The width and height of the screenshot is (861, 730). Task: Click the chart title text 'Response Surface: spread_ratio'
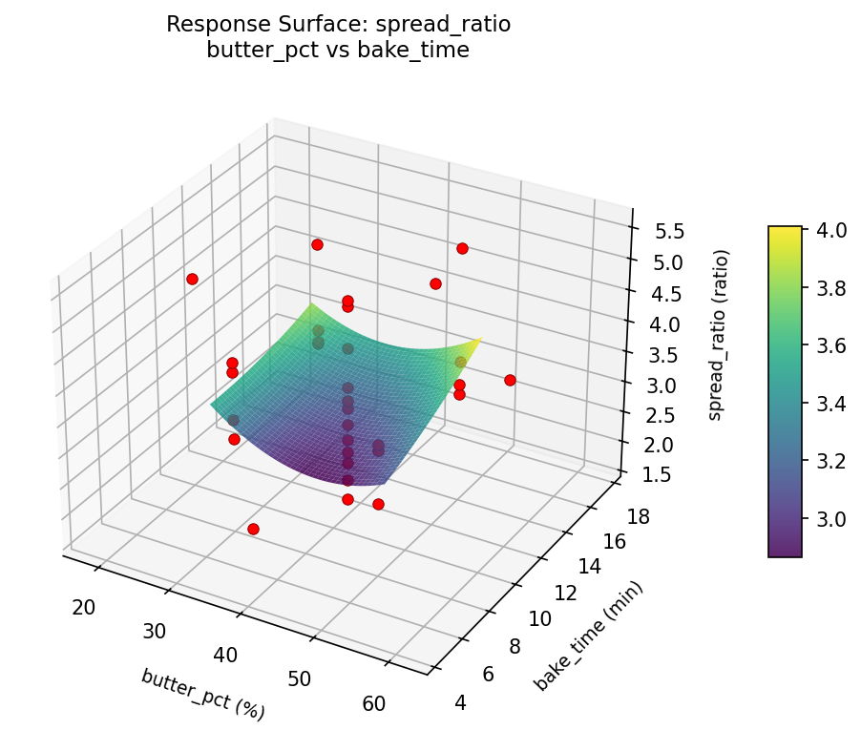[338, 25]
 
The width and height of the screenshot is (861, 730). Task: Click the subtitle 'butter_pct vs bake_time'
[338, 51]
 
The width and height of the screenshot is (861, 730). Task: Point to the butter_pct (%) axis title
[202, 694]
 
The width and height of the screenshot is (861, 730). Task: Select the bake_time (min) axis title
[589, 635]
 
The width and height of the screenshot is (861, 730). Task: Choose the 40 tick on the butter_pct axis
[226, 655]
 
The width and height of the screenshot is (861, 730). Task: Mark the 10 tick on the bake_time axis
[540, 618]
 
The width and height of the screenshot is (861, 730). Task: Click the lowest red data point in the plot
[253, 529]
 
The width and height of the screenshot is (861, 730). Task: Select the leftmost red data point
[192, 279]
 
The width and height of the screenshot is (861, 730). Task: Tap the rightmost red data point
[510, 380]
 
